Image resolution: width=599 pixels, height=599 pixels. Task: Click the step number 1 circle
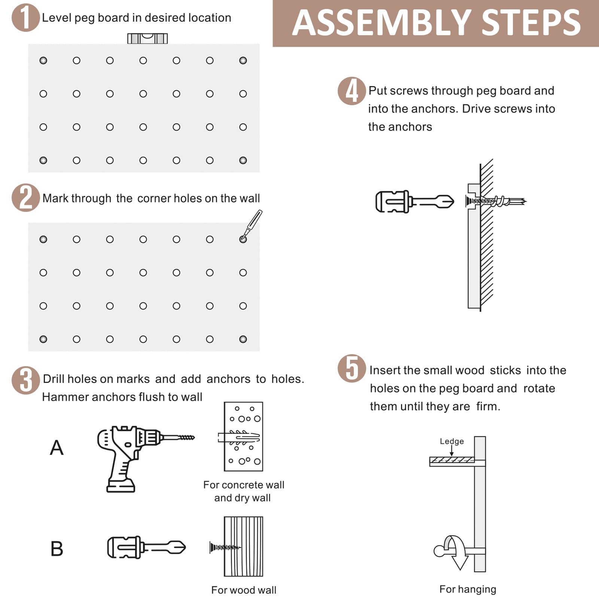coord(25,18)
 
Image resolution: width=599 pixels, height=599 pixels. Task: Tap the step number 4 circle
coord(352,91)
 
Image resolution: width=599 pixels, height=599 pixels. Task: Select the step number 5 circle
coord(352,368)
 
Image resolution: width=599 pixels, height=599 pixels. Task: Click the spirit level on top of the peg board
coord(148,38)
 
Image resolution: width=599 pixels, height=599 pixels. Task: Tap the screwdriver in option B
coord(146,547)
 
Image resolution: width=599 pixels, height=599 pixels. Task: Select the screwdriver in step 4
coord(414,202)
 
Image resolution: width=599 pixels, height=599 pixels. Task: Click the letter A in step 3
coord(57,447)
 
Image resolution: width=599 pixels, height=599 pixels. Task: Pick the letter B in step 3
coord(57,549)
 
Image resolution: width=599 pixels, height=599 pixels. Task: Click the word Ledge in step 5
coord(451,441)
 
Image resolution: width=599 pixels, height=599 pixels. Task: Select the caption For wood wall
coord(243,590)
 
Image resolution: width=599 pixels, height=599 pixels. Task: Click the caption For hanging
coord(468,589)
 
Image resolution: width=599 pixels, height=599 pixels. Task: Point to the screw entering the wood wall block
coord(225,547)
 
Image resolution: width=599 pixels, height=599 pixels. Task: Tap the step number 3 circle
coord(25,380)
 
